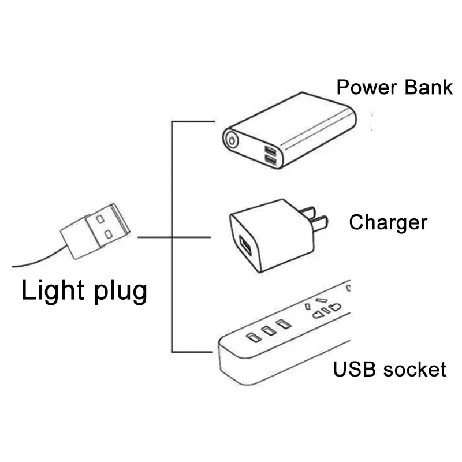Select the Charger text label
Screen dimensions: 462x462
click(x=388, y=222)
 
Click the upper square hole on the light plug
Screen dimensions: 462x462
click(x=100, y=220)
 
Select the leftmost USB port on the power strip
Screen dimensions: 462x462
click(x=252, y=337)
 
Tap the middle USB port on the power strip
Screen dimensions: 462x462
click(x=267, y=331)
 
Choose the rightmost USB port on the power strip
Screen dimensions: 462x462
click(x=281, y=325)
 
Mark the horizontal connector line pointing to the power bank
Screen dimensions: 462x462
click(x=193, y=121)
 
